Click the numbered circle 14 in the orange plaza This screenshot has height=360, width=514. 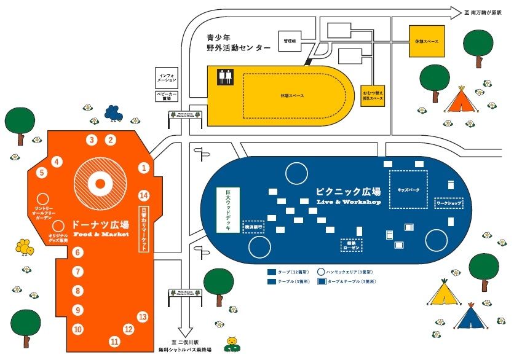(144, 195)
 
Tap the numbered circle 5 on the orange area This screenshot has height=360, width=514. (42, 173)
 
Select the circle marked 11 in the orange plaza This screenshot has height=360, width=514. (114, 342)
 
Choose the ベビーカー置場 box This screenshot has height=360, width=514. (167, 96)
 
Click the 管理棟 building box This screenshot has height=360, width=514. (291, 41)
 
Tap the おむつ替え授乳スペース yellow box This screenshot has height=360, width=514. (373, 95)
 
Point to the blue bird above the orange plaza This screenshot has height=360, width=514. (113, 113)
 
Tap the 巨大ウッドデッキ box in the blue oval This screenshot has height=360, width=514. (228, 209)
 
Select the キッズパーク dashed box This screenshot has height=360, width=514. (408, 189)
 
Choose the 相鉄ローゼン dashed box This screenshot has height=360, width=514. (352, 245)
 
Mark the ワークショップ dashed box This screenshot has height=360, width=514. (448, 202)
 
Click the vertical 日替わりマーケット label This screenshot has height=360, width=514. (144, 228)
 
